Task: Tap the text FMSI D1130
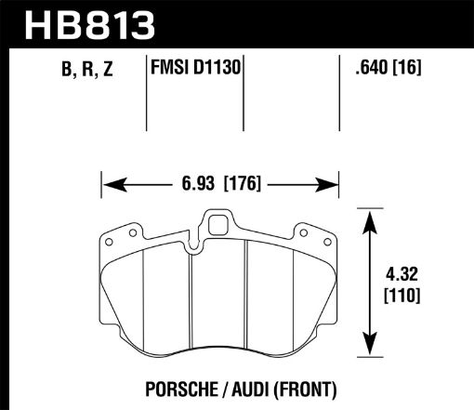(x=196, y=69)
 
